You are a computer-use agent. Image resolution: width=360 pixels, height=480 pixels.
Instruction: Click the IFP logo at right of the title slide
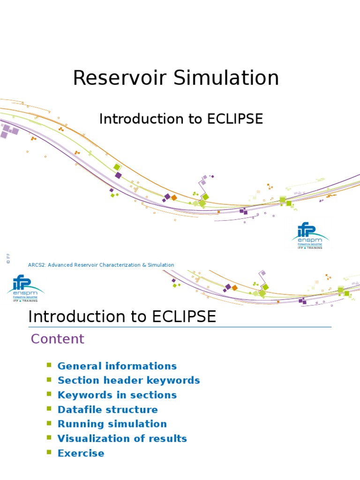310,235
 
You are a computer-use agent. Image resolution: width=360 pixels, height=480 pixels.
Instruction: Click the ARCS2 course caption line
101,265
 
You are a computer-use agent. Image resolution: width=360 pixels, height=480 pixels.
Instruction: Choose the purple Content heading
57,339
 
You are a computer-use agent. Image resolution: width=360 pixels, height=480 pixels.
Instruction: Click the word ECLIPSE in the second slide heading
184,317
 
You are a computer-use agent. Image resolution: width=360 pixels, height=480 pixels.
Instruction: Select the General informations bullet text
117,366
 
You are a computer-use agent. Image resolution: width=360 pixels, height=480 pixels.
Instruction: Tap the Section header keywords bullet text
128,381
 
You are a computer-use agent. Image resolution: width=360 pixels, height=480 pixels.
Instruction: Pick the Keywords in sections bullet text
117,395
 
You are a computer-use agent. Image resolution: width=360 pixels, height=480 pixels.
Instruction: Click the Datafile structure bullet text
107,410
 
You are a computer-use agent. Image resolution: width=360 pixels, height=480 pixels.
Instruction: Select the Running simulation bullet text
112,424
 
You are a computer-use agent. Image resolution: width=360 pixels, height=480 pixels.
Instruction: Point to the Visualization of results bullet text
122,439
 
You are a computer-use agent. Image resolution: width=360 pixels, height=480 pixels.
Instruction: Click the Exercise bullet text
81,453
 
